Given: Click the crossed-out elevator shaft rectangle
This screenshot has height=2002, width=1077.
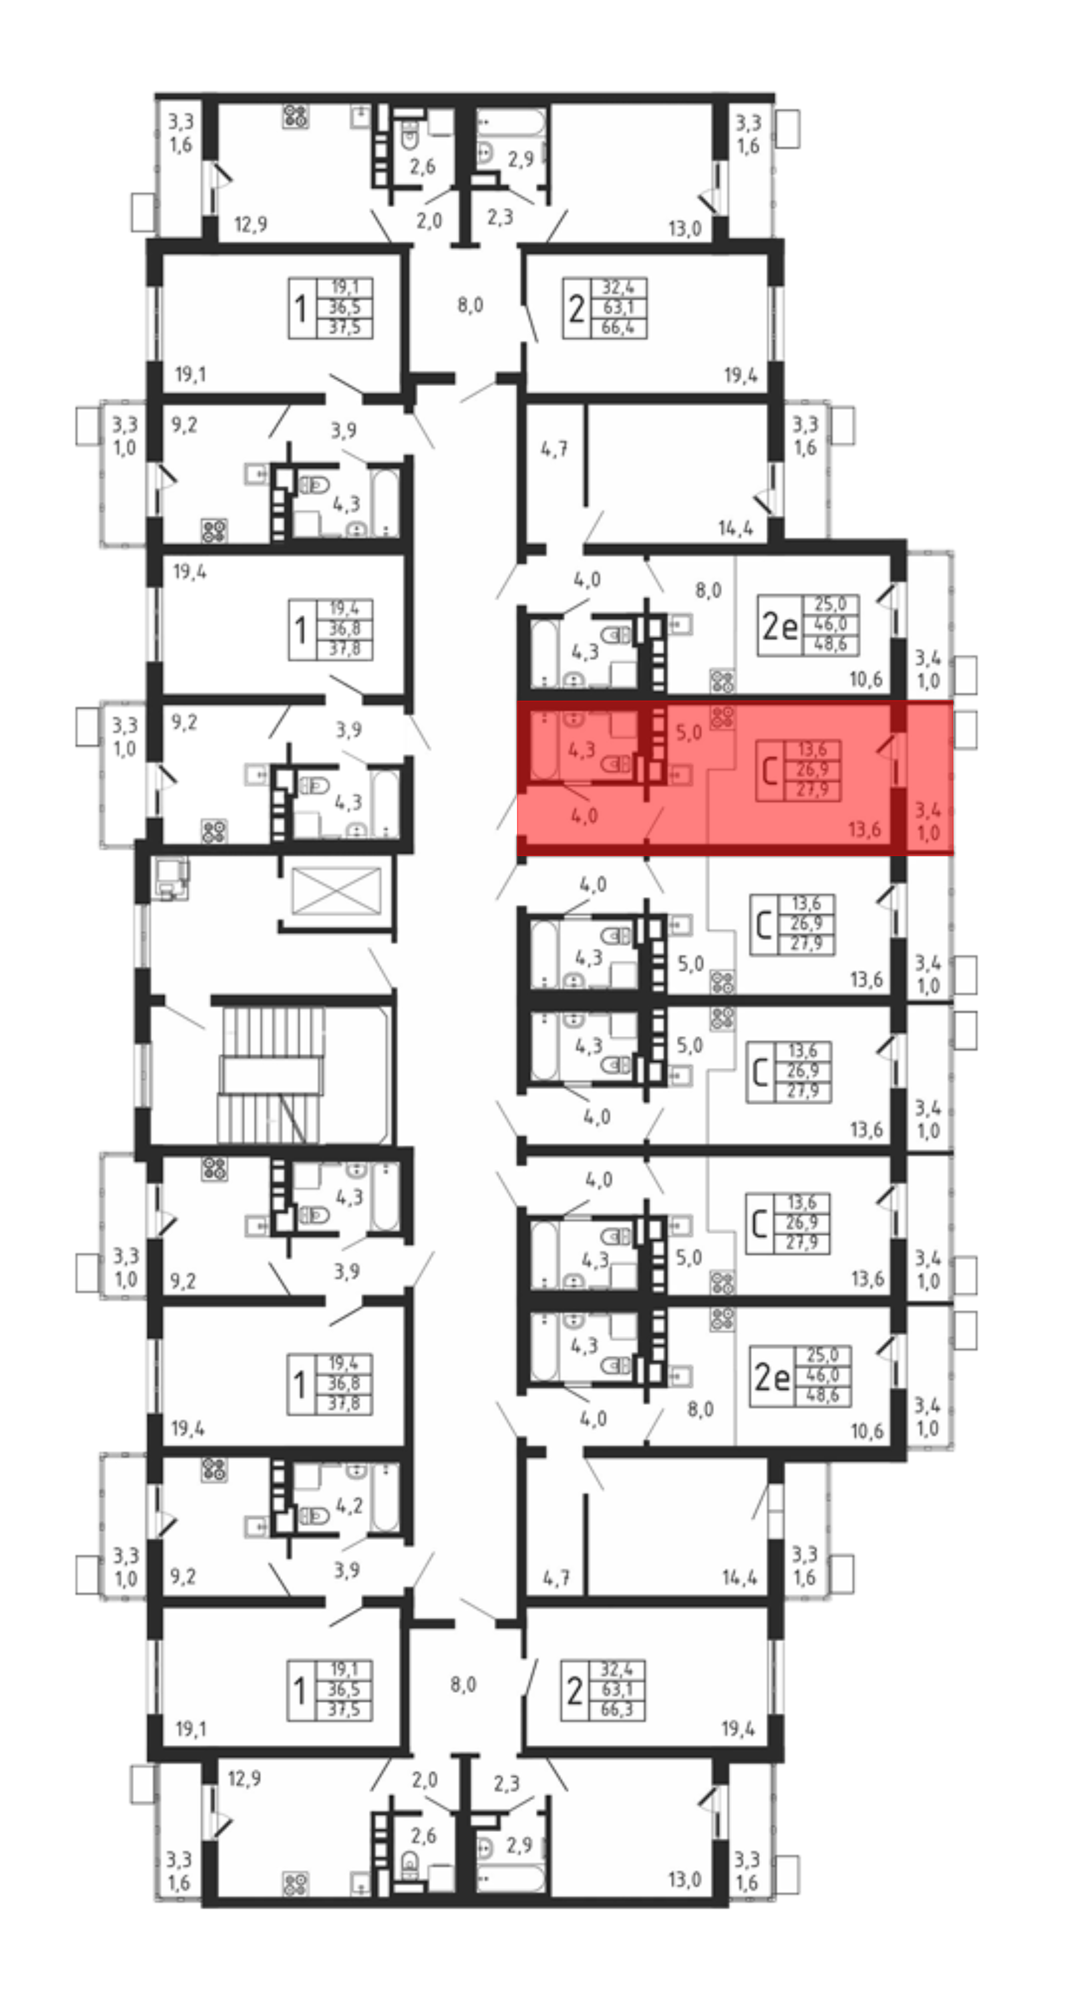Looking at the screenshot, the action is pyautogui.click(x=337, y=891).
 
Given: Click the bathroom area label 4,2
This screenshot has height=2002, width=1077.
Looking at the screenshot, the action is pyautogui.click(x=349, y=1506).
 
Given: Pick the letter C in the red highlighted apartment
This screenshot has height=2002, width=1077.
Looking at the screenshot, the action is pyautogui.click(x=770, y=772).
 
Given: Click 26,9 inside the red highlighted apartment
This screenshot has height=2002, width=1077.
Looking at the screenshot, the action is pyautogui.click(x=812, y=769).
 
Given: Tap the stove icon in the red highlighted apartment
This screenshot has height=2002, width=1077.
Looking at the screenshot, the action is pyautogui.click(x=722, y=717).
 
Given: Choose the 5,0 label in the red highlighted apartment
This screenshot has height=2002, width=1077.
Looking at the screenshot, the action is pyautogui.click(x=688, y=732).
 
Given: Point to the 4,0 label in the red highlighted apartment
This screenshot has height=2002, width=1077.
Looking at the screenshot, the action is pyautogui.click(x=584, y=815).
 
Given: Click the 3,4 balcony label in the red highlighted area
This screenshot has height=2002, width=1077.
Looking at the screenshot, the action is pyautogui.click(x=927, y=810).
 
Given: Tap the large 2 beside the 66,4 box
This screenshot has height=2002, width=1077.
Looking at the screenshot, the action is pyautogui.click(x=576, y=309).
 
